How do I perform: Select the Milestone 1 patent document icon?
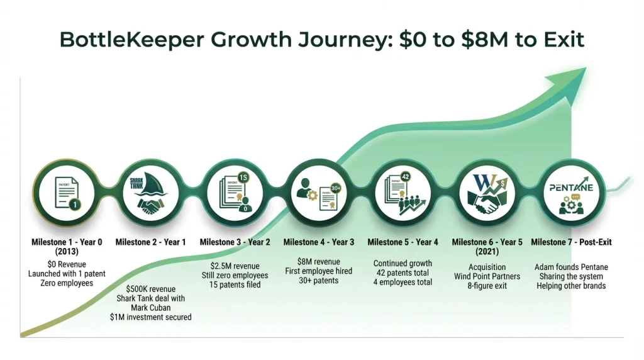point(67,193)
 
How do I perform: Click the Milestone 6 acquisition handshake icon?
point(487,193)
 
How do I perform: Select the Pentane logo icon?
point(571,193)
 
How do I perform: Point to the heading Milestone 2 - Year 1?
point(151,242)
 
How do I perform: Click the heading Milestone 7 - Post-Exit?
point(571,242)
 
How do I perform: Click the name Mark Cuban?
point(151,308)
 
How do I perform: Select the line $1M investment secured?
point(151,318)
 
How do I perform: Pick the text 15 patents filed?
point(235,285)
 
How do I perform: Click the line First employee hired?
point(319,271)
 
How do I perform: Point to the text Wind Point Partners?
point(487,276)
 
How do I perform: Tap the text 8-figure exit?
point(487,286)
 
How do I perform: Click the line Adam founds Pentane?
point(571,267)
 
